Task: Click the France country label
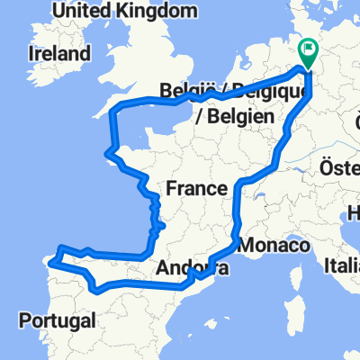tap(195, 188)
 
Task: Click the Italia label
tap(343, 267)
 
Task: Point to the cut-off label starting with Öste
tap(339, 168)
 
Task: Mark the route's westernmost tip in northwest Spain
tap(49, 262)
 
